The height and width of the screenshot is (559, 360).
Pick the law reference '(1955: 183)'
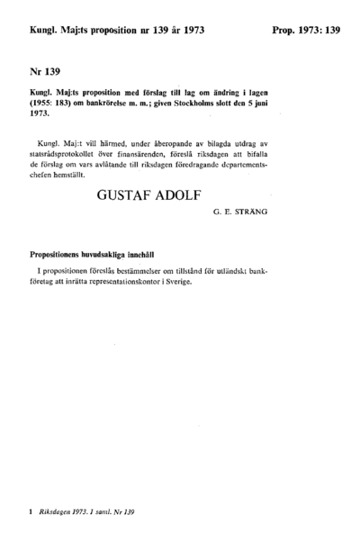(47, 103)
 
